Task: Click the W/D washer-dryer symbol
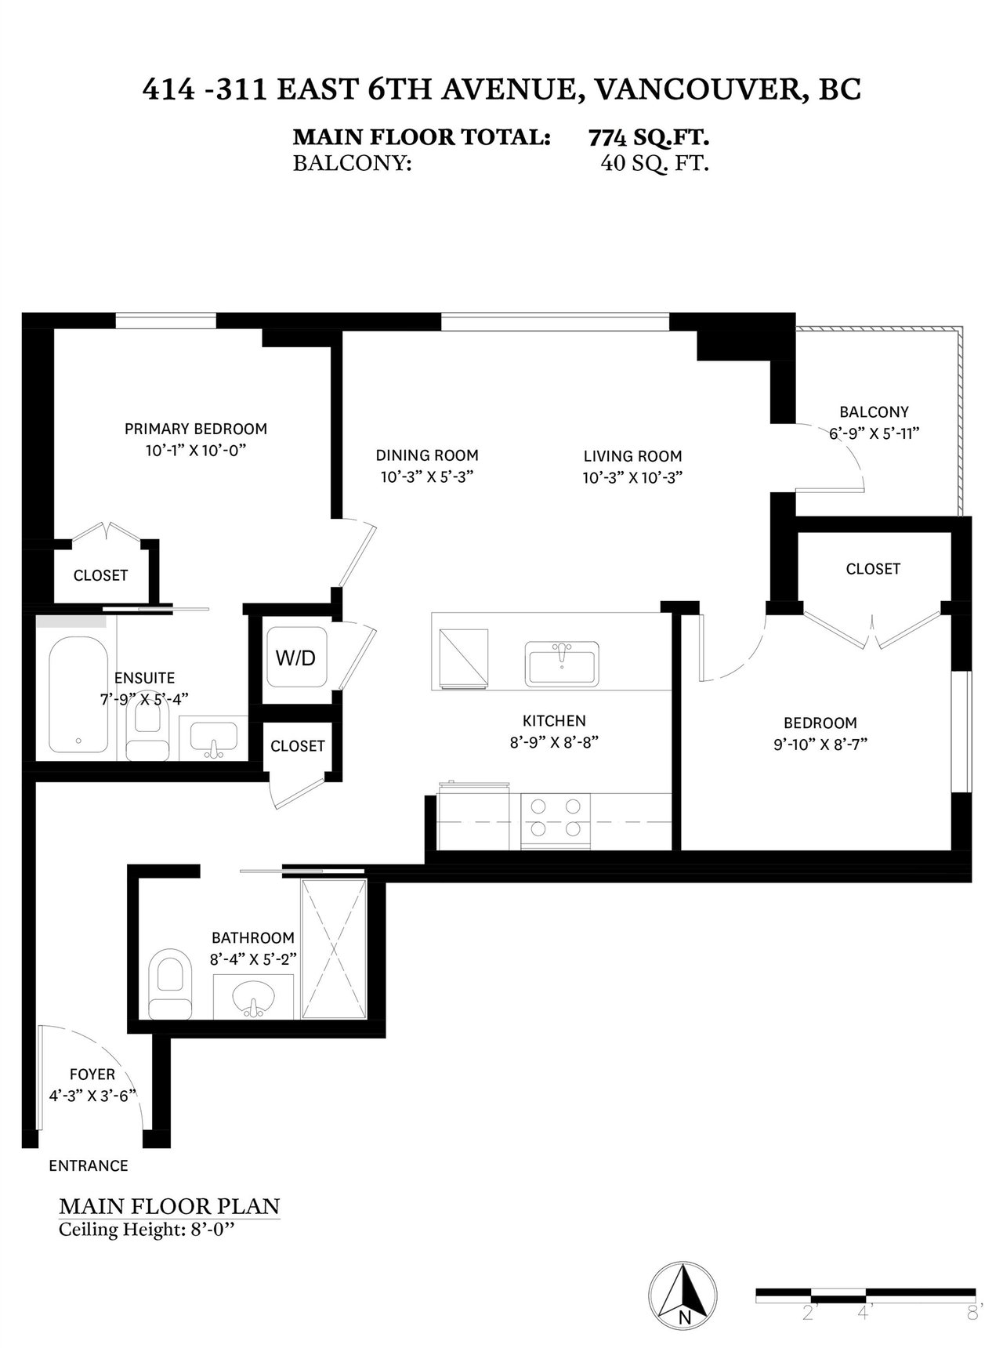[x=295, y=657]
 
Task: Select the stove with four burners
[x=556, y=821]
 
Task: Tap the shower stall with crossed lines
[x=334, y=949]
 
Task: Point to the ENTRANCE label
[x=89, y=1165]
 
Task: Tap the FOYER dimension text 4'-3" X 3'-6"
[x=93, y=1096]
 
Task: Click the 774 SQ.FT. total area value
[x=649, y=138]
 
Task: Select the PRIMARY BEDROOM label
[x=196, y=429]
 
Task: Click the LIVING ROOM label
[x=632, y=455]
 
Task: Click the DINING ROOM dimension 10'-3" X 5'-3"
[x=427, y=477]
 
